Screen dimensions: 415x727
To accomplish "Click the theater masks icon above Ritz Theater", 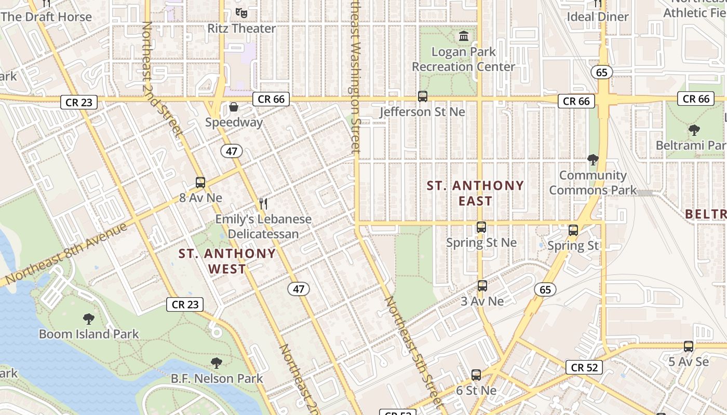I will [240, 12].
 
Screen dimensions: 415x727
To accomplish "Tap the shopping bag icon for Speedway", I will [234, 107].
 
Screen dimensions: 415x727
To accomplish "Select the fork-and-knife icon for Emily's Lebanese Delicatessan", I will [263, 203].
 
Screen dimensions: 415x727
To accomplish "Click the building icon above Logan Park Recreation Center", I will [463, 36].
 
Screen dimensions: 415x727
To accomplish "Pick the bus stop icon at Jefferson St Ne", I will [423, 96].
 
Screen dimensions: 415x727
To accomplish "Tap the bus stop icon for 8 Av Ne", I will [200, 183].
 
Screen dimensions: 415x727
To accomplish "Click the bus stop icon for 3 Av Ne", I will [482, 286].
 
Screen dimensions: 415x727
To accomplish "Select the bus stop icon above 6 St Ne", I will [476, 375].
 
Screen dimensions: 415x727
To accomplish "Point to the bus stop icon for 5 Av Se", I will [688, 347].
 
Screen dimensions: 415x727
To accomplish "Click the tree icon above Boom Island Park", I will [89, 319].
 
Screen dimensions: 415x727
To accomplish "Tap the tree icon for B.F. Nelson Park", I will [217, 363].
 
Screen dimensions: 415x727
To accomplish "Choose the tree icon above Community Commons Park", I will [593, 160].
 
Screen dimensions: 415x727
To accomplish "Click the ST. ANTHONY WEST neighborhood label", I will [227, 261].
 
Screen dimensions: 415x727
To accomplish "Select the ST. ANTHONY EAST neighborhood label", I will [475, 193].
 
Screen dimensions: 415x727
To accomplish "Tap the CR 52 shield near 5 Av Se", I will [584, 367].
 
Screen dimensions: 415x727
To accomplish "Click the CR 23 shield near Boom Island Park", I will [185, 305].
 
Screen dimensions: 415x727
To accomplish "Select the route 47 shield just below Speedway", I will [232, 151].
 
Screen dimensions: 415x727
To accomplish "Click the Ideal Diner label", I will [597, 17].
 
